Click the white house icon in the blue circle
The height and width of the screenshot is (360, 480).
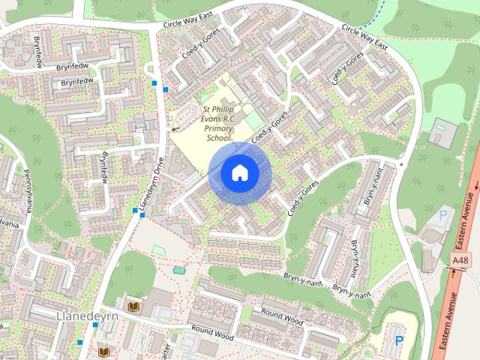click(240, 173)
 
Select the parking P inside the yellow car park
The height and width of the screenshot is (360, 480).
click(398, 339)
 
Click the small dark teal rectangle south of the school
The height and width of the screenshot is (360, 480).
click(178, 269)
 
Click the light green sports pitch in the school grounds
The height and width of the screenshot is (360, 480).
click(253, 120)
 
